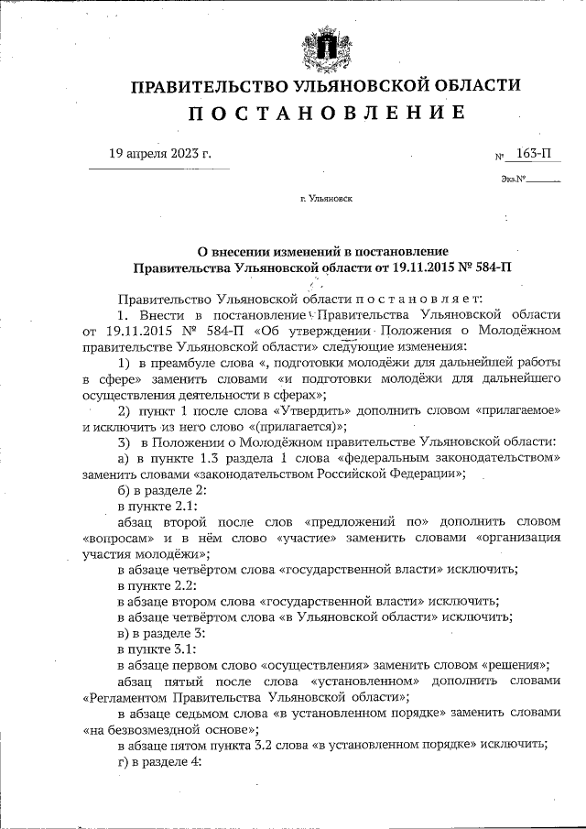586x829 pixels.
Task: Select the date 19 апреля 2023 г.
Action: coord(159,153)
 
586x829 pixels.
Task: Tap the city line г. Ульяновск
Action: coord(327,197)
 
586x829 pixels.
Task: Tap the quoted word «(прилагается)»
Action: coord(296,426)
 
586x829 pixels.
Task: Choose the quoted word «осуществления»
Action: coord(316,665)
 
